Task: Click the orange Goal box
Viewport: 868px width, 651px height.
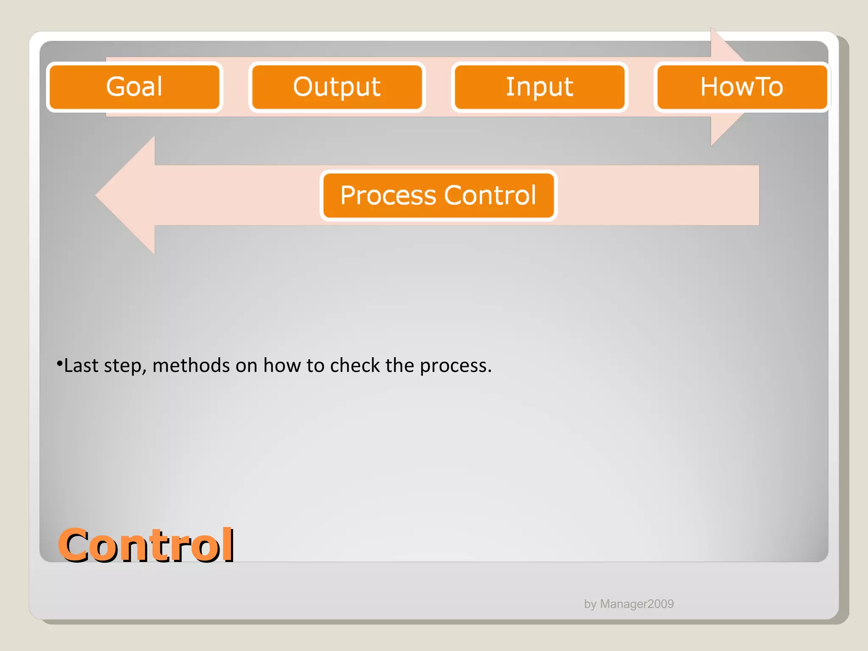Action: (134, 87)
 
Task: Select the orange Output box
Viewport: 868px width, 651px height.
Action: (337, 87)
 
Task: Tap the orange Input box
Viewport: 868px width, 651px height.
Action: (539, 87)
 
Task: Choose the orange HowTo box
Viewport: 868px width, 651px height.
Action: (742, 87)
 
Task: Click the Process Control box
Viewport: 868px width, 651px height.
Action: (438, 195)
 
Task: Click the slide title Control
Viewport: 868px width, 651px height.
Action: (146, 545)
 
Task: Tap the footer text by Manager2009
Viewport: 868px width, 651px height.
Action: (629, 604)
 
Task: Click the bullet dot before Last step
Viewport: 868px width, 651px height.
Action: (59, 363)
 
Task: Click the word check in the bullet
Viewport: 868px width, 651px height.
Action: (355, 365)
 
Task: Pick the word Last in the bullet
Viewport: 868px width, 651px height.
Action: (81, 365)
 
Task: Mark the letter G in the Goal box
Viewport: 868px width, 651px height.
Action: (115, 86)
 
